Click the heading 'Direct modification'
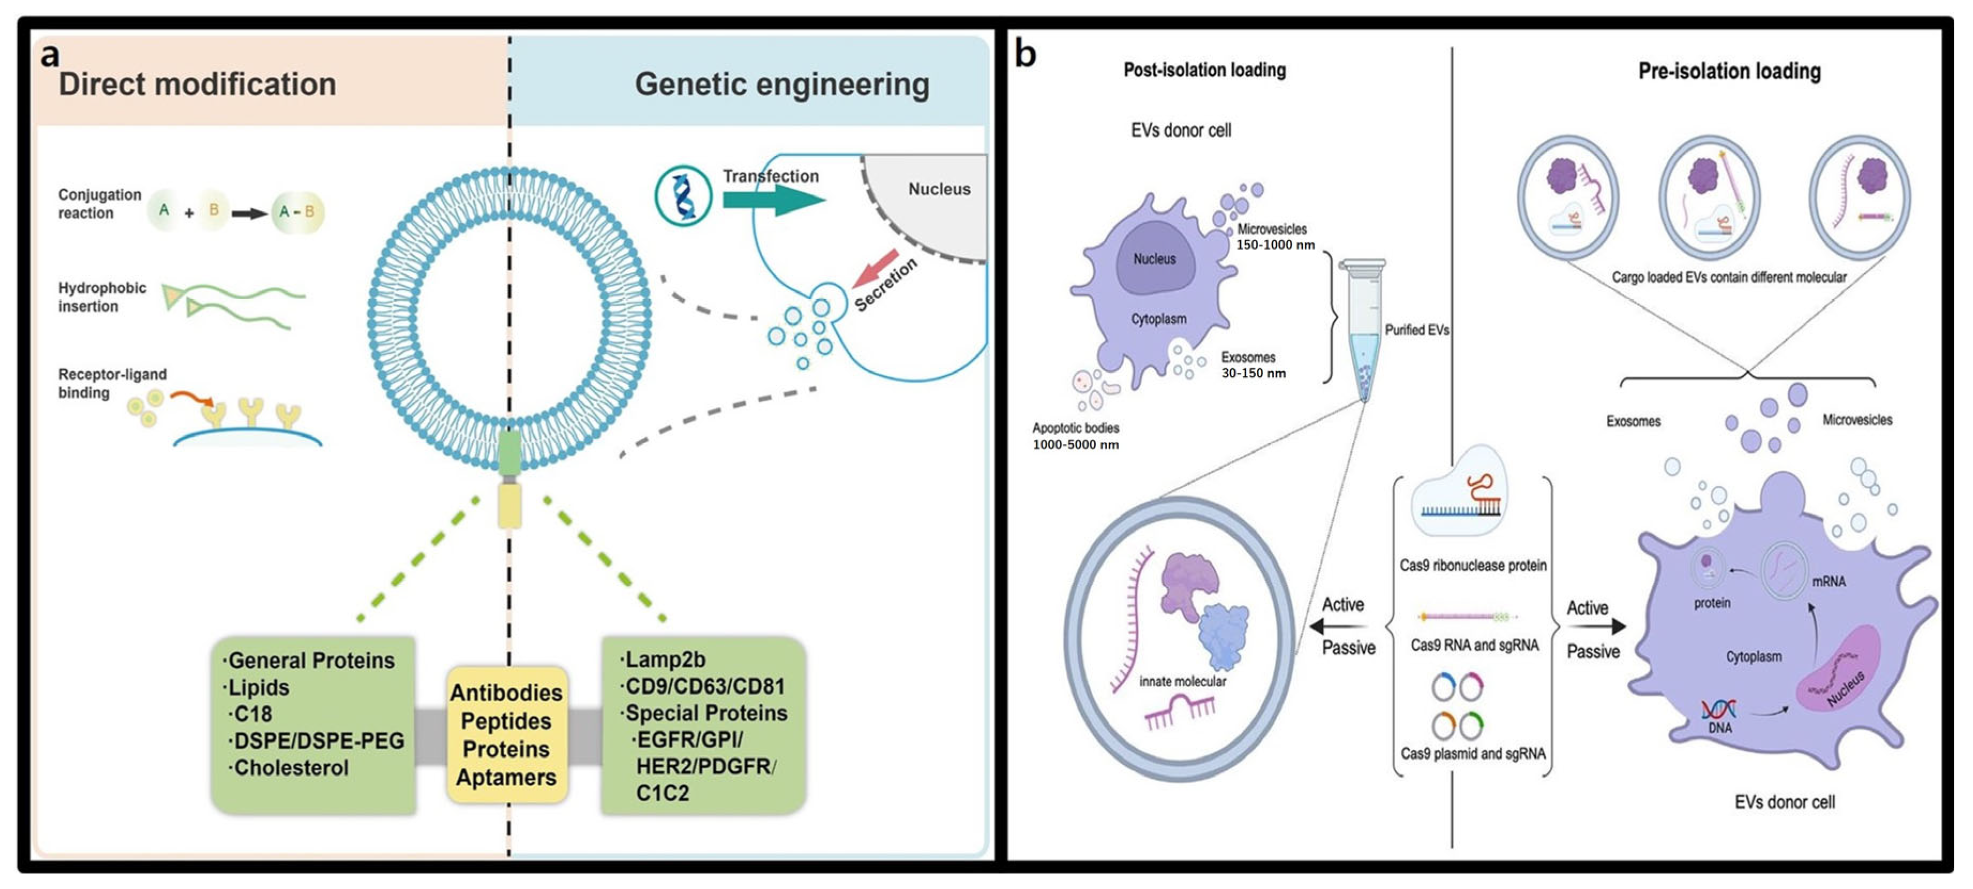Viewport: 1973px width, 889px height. (197, 84)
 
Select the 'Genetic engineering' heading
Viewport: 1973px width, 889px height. (781, 84)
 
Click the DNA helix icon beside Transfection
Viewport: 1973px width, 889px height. (683, 196)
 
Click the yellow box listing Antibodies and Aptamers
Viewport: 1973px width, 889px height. (506, 734)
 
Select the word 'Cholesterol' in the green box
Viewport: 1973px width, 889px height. (291, 768)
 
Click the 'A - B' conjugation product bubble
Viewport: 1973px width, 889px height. (297, 212)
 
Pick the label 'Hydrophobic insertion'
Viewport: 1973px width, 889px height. (101, 297)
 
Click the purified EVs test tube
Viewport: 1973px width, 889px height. (1363, 329)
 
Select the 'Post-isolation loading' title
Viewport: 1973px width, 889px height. (1204, 71)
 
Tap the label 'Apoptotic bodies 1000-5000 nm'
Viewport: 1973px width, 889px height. (1075, 436)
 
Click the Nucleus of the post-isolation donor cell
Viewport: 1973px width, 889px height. (1154, 259)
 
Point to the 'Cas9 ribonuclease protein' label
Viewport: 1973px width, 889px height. (1472, 566)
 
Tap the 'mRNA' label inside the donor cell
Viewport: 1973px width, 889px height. (1828, 582)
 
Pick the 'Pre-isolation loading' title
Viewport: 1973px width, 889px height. (1729, 72)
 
